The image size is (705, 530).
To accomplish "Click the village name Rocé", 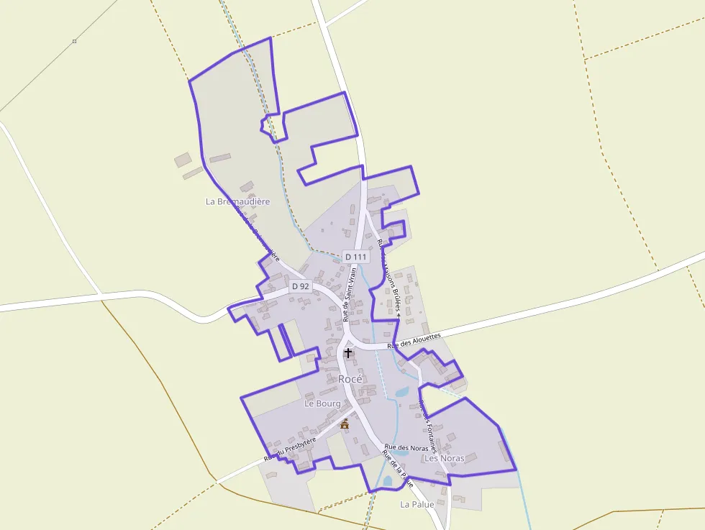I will coord(350,379).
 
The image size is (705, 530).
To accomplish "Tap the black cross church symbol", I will coord(349,353).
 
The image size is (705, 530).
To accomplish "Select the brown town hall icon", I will coord(345,424).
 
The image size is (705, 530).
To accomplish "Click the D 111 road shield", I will coord(355,257).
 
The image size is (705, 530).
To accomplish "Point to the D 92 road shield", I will coord(300,286).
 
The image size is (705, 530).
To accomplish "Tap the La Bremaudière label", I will coord(237,201).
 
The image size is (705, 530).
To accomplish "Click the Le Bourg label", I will coord(322,403).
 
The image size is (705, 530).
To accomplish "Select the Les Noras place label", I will coord(444,458).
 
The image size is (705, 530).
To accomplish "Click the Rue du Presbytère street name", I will coord(290,449).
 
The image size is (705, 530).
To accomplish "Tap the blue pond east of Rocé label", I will coord(401,392).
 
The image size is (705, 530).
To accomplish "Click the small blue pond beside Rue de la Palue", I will coord(388,480).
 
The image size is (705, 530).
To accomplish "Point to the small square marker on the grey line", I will coord(74,41).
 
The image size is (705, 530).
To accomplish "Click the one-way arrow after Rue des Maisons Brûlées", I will coord(398,315).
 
